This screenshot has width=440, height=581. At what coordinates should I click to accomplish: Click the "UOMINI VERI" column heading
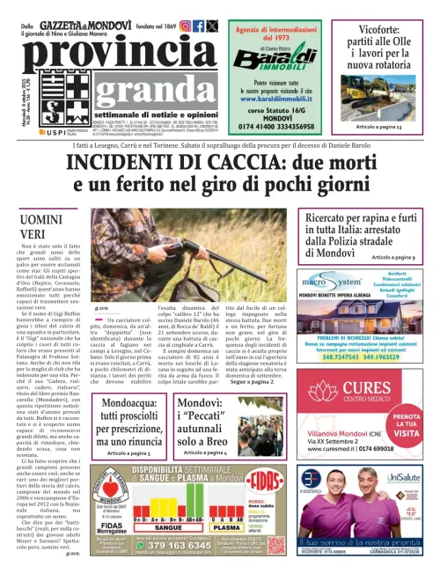[x=48, y=226]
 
